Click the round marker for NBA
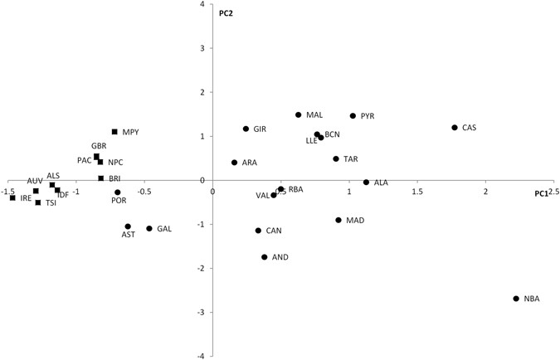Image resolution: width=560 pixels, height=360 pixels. point(516,299)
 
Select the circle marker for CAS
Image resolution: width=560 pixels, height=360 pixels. point(455,128)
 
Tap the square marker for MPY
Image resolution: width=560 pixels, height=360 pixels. point(114,132)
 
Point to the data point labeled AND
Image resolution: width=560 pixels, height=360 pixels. point(265,257)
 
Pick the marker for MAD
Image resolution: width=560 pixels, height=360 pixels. point(338,220)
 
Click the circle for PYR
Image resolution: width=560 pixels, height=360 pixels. point(353,116)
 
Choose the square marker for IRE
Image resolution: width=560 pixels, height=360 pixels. point(12,198)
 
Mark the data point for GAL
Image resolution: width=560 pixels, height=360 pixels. point(149,229)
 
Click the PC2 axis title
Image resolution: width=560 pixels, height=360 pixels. point(226,13)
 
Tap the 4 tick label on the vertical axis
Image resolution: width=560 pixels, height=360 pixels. point(202,5)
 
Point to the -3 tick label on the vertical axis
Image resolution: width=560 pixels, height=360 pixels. point(201,313)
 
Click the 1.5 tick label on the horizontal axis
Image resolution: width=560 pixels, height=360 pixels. point(417,192)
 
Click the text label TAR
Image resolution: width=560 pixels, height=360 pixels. point(351,159)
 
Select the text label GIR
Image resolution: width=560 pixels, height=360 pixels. point(260,129)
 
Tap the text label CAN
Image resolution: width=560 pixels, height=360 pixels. point(274,231)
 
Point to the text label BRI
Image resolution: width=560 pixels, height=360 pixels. point(115,178)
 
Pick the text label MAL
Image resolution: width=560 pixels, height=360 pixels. point(314,115)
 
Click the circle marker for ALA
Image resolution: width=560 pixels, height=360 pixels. point(366,182)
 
